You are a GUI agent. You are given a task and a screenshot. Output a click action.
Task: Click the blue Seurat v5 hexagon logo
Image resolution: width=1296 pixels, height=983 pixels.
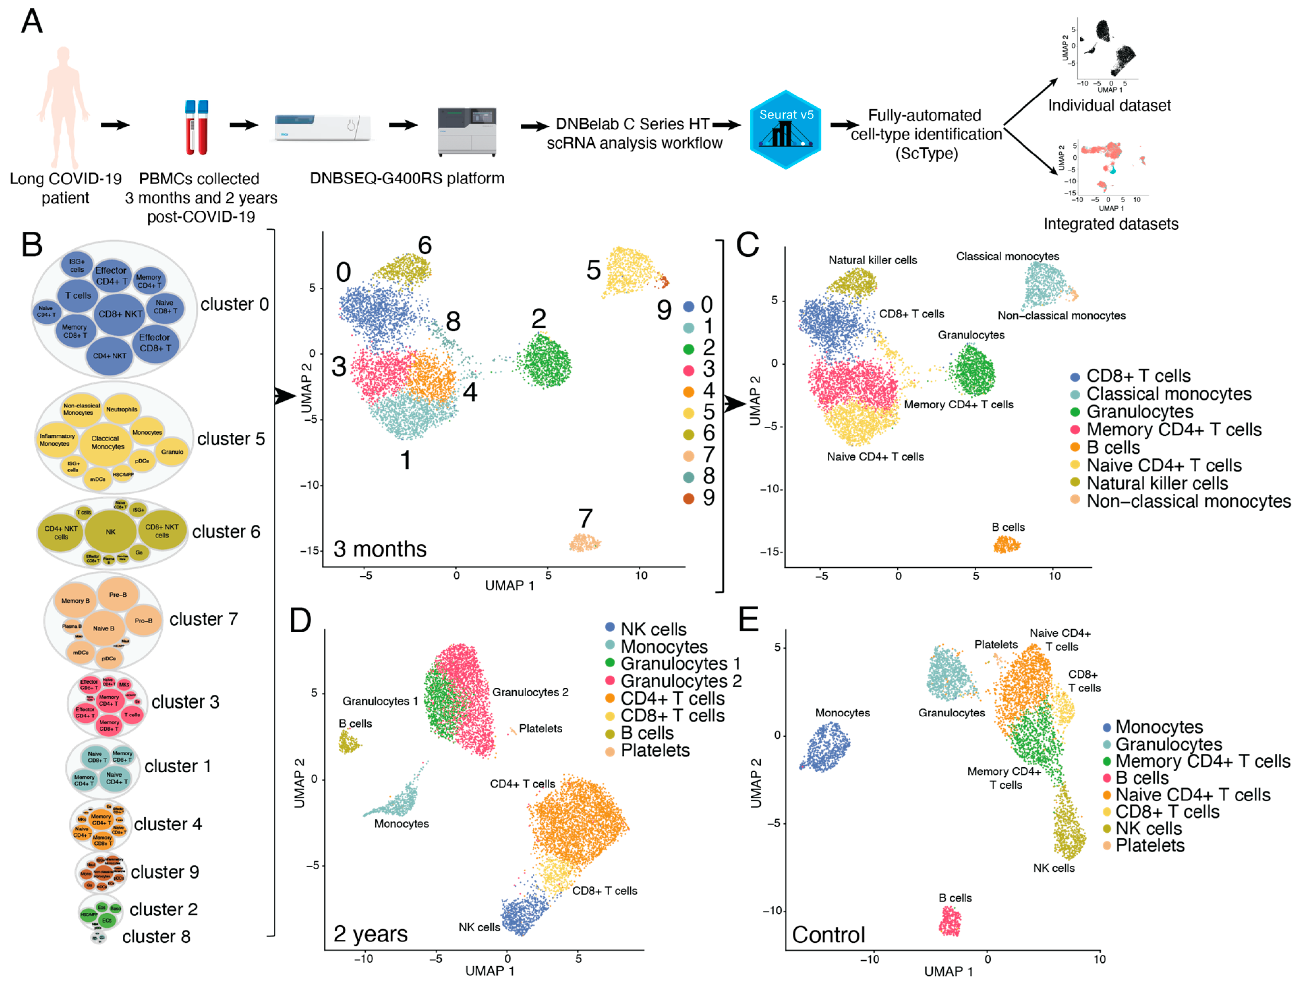pyautogui.click(x=785, y=129)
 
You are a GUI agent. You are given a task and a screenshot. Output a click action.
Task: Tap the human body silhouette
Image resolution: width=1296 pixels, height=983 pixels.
pyautogui.click(x=63, y=105)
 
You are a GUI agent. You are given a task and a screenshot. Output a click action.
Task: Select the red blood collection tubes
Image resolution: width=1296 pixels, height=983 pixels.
pyautogui.click(x=197, y=128)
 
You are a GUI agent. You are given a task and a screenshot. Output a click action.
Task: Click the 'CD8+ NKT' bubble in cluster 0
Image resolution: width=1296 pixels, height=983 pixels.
pyautogui.click(x=120, y=314)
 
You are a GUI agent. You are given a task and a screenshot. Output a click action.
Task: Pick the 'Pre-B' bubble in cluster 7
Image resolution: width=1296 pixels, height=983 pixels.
pyautogui.click(x=118, y=595)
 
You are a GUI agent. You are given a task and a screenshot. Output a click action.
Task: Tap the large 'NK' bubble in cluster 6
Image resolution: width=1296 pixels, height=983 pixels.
pyautogui.click(x=111, y=532)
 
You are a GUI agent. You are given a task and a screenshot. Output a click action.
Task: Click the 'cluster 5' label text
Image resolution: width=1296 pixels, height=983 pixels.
pyautogui.click(x=231, y=439)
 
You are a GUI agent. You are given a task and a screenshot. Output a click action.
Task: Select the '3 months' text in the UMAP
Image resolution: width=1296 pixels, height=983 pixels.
pyautogui.click(x=380, y=549)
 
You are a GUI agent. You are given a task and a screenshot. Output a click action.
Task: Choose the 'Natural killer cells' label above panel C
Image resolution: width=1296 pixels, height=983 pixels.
pyautogui.click(x=872, y=260)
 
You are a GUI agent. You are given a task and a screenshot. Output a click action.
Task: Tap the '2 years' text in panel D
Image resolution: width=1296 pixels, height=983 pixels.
pyautogui.click(x=370, y=934)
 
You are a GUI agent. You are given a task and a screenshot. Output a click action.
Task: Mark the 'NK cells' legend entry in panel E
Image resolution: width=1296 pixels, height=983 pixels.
pyautogui.click(x=1148, y=829)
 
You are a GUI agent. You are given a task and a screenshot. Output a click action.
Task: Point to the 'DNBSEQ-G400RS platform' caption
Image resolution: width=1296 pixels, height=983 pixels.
pyautogui.click(x=407, y=178)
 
